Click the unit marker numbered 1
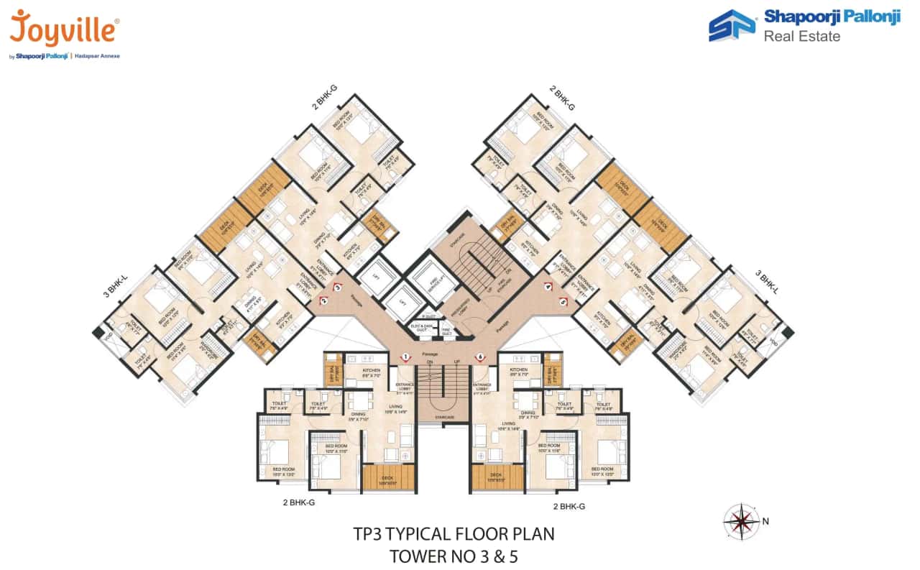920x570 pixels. (x=405, y=357)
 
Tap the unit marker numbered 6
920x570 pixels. (x=479, y=357)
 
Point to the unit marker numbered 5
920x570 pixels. (x=563, y=302)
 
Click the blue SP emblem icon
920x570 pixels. (x=732, y=26)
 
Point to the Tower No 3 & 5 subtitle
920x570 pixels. (x=454, y=556)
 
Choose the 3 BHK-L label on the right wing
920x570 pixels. (x=768, y=282)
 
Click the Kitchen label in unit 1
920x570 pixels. (x=371, y=370)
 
